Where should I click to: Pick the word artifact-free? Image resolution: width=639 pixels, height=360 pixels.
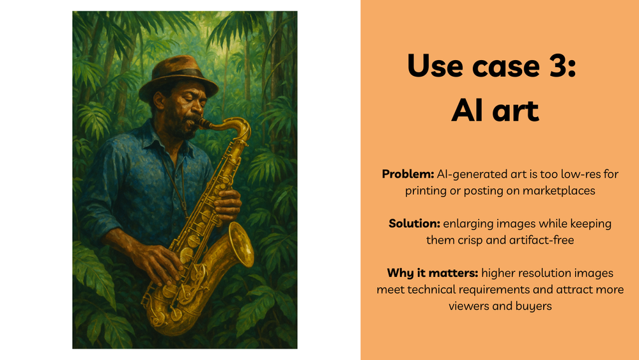(x=541, y=240)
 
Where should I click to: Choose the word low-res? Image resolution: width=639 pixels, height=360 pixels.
(x=557, y=174)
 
